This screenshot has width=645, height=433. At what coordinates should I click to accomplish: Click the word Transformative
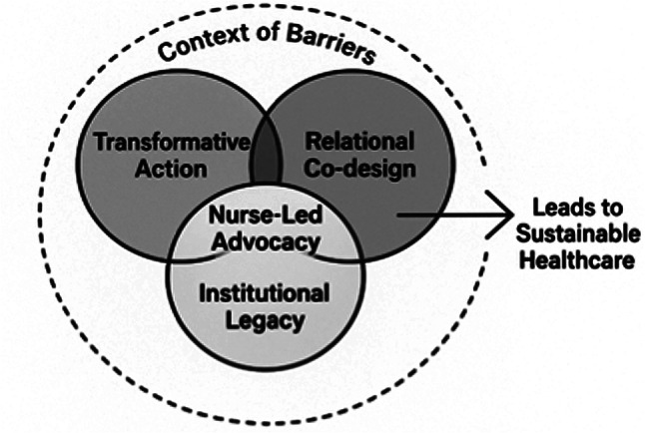[x=171, y=143]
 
